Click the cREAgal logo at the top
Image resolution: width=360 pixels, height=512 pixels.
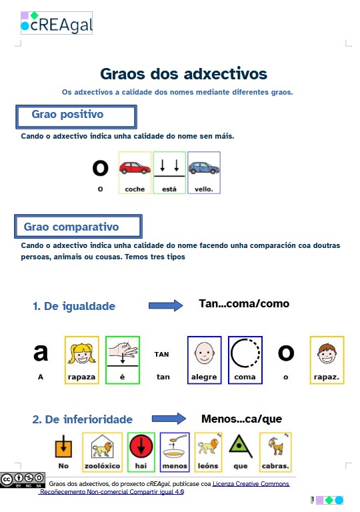56,23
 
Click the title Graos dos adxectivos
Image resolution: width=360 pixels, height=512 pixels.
183,73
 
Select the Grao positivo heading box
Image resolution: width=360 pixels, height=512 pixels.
75,116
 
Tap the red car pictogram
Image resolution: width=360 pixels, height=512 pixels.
135,169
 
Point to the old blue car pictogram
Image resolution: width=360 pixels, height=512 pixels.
203,169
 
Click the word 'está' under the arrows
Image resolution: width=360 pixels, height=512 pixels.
169,189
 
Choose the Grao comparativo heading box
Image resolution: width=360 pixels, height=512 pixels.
78,227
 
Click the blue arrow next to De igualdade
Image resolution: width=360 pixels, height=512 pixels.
165,305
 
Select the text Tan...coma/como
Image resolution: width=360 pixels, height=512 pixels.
244,304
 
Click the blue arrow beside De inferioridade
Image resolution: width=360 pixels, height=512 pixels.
169,419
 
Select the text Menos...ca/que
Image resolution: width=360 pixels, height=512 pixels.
241,419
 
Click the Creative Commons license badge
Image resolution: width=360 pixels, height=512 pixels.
15,479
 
